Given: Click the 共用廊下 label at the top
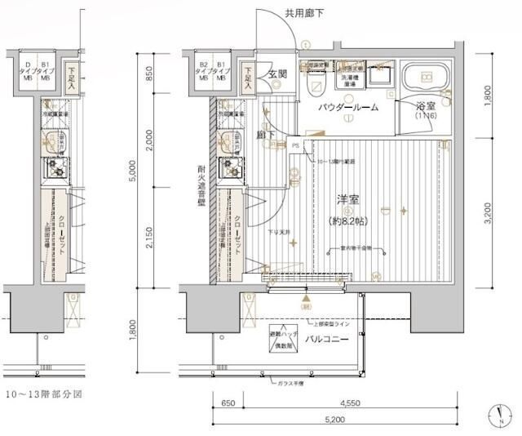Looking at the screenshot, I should pos(304,12).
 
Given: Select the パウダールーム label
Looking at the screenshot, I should pos(348,107).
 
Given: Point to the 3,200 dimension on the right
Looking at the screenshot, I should pos(488,215).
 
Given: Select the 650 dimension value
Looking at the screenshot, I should pos(228,403).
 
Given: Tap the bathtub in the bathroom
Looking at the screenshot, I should pos(425,78).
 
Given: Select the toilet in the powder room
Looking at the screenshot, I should pos(313,84).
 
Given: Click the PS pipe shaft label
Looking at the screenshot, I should pos(295,145).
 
